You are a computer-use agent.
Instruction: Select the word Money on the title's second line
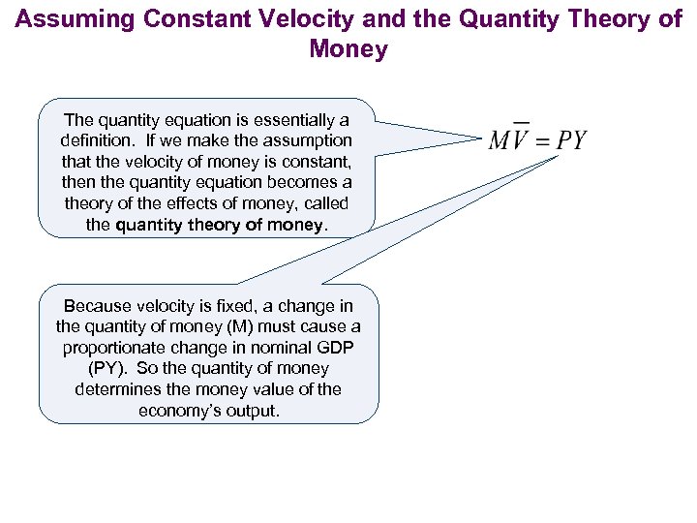348,49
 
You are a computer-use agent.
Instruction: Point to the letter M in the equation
500,141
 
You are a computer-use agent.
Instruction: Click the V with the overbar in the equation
520,141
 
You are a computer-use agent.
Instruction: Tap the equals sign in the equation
543,141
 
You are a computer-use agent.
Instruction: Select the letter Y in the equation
578,141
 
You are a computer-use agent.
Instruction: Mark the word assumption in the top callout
310,141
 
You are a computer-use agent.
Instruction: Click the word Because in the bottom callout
93,306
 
